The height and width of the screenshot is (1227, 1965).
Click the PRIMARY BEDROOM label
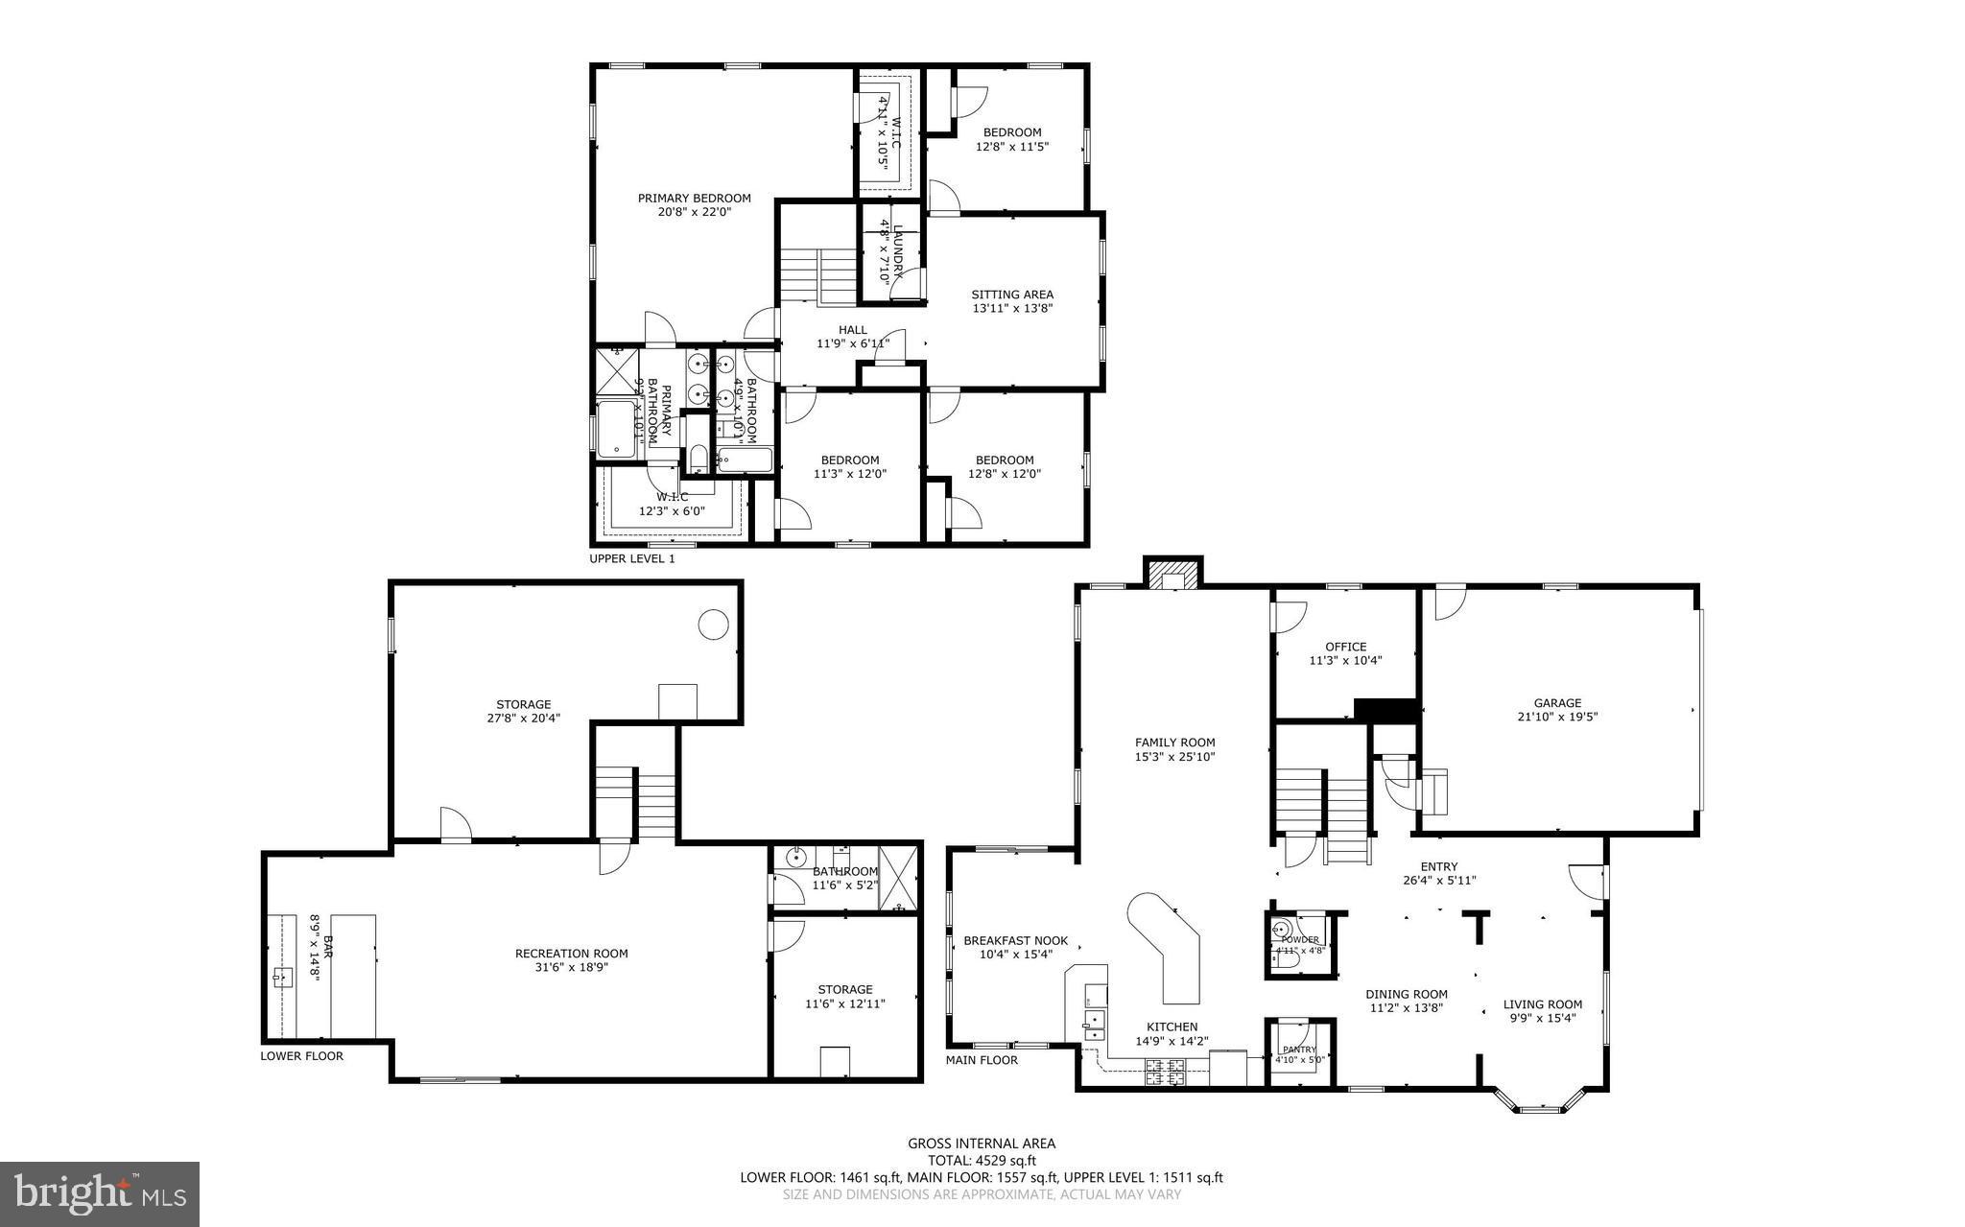(x=694, y=199)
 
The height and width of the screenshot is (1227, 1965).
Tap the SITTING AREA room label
(x=1012, y=295)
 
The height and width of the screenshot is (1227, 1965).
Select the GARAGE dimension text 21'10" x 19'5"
(x=1556, y=717)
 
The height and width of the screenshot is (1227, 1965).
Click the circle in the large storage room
(x=712, y=625)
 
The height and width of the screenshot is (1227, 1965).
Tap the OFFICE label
(x=1345, y=647)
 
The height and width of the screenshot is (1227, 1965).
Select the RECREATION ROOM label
(x=571, y=953)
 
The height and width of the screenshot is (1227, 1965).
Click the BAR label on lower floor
(x=327, y=945)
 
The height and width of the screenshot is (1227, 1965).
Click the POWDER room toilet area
(x=1287, y=957)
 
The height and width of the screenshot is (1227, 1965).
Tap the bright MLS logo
(x=100, y=1193)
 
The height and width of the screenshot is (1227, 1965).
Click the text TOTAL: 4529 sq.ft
(x=982, y=1160)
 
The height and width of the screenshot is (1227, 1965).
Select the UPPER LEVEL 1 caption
(x=631, y=558)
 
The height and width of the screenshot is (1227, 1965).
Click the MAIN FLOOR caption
(x=982, y=1060)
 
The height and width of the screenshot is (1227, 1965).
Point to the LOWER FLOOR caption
(x=301, y=1056)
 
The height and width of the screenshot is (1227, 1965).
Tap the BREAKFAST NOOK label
(x=1015, y=940)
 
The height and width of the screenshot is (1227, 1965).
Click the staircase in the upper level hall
(x=817, y=275)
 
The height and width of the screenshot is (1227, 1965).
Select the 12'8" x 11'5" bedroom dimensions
(x=1012, y=147)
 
